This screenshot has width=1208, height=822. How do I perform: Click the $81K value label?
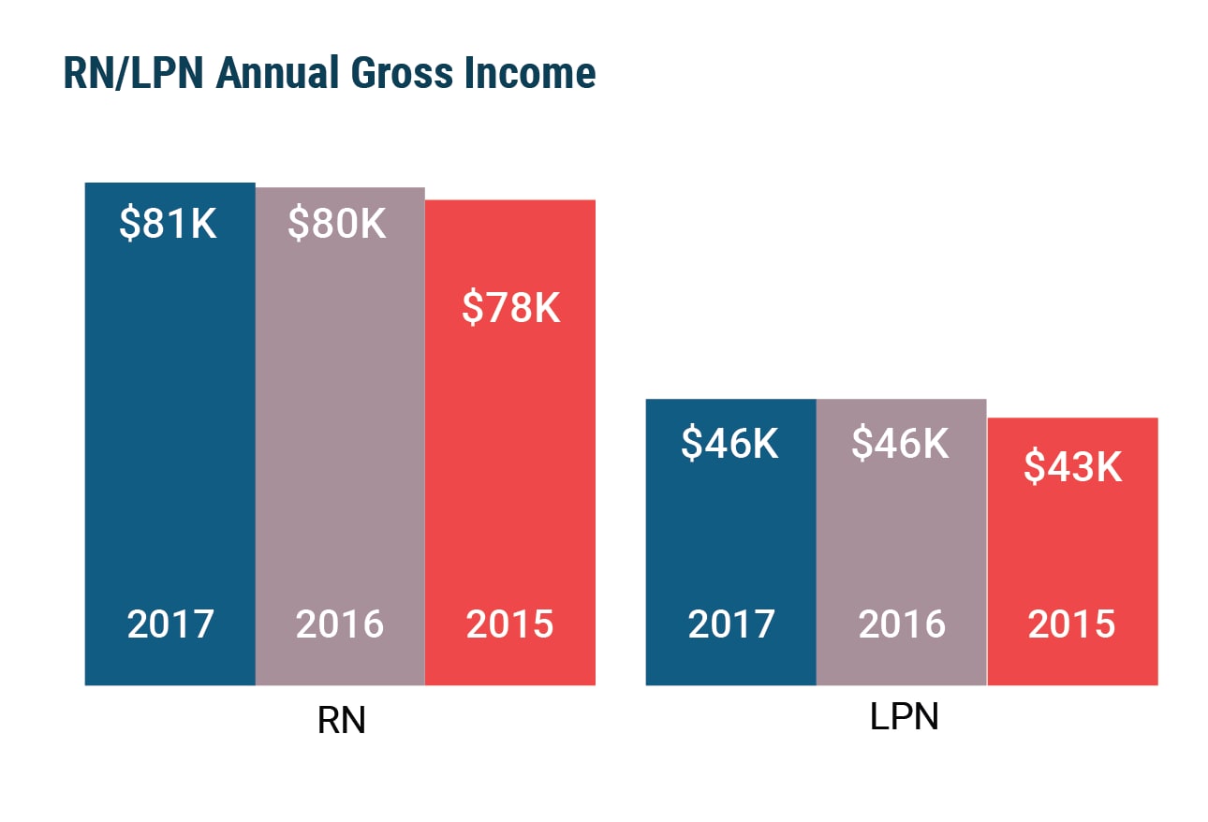click(x=169, y=225)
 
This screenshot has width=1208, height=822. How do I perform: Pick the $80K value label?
click(x=337, y=225)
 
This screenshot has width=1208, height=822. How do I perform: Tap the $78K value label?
click(x=510, y=307)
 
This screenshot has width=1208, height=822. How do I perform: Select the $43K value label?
click(x=1072, y=466)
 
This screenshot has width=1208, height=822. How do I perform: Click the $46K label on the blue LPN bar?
click(x=730, y=444)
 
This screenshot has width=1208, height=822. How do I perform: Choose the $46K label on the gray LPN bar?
click(x=900, y=444)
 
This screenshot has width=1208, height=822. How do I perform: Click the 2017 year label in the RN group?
click(x=170, y=624)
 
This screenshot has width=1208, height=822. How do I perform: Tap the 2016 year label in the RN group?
click(x=340, y=624)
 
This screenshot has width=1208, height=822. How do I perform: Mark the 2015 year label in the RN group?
click(x=510, y=624)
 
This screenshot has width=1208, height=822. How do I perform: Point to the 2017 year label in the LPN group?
click(x=731, y=624)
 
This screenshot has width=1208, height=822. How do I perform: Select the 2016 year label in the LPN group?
click(x=902, y=624)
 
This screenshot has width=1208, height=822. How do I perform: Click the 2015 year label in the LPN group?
click(x=1072, y=624)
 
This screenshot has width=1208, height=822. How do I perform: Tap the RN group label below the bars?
click(x=342, y=722)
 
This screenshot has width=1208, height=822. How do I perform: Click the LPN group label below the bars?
click(x=904, y=717)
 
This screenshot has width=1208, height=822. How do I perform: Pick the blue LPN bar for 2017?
click(x=730, y=534)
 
